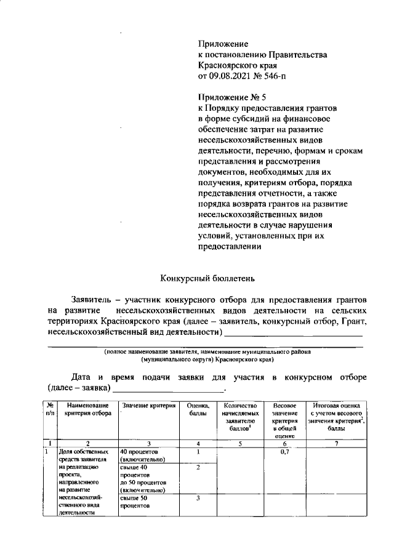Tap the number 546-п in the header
(x=273, y=76)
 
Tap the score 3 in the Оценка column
(x=198, y=498)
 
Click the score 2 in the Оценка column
(x=198, y=468)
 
